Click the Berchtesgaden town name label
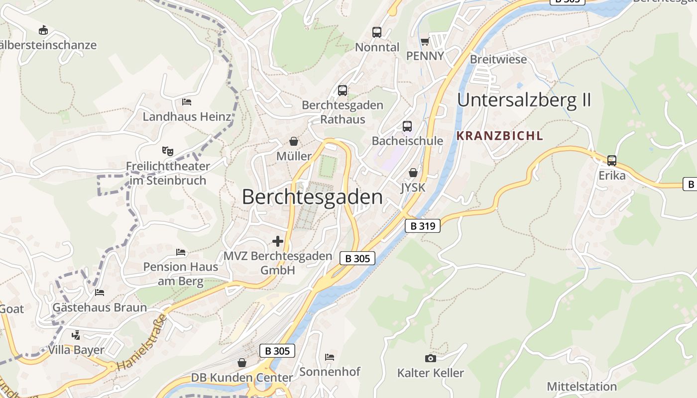312,198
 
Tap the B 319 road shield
423,226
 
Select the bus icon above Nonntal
377,32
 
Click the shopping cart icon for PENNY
425,41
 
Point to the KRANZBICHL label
500,135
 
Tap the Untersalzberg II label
524,100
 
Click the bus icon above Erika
612,161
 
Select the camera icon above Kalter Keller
430,358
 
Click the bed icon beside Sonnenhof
329,357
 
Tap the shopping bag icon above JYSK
413,173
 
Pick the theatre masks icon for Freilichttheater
167,150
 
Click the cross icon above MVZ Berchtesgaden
277,242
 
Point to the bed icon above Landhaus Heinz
187,102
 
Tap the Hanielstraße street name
141,343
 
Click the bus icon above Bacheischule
407,126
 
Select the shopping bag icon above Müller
294,141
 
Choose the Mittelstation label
581,386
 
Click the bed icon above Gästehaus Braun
100,292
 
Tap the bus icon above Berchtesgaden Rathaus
343,91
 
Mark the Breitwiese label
498,59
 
